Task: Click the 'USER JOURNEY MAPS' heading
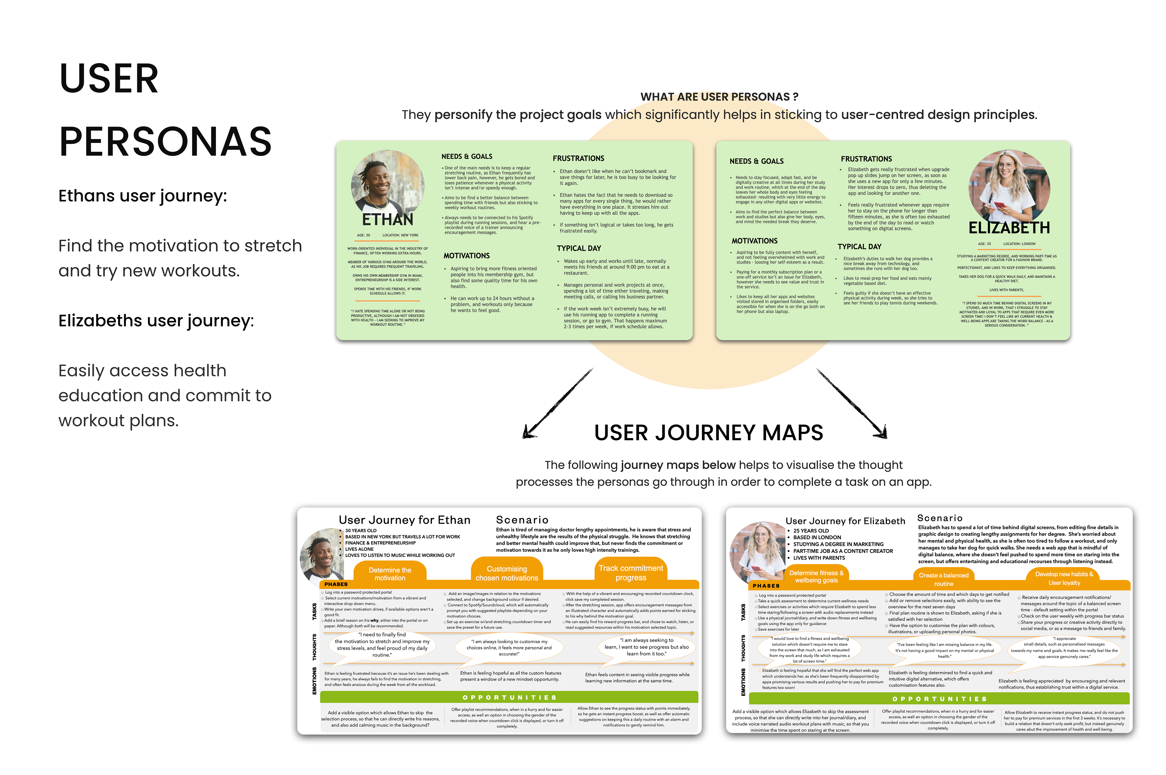(708, 433)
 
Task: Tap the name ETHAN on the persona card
(387, 219)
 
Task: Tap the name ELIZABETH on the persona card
(1009, 228)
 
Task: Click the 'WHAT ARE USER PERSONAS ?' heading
(719, 97)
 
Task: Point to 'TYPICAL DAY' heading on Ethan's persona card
(578, 248)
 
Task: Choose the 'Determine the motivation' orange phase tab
(390, 574)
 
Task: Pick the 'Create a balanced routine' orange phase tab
(943, 579)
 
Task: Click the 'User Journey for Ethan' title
(404, 520)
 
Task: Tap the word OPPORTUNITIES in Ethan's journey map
(509, 697)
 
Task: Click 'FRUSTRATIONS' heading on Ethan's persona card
(578, 158)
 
